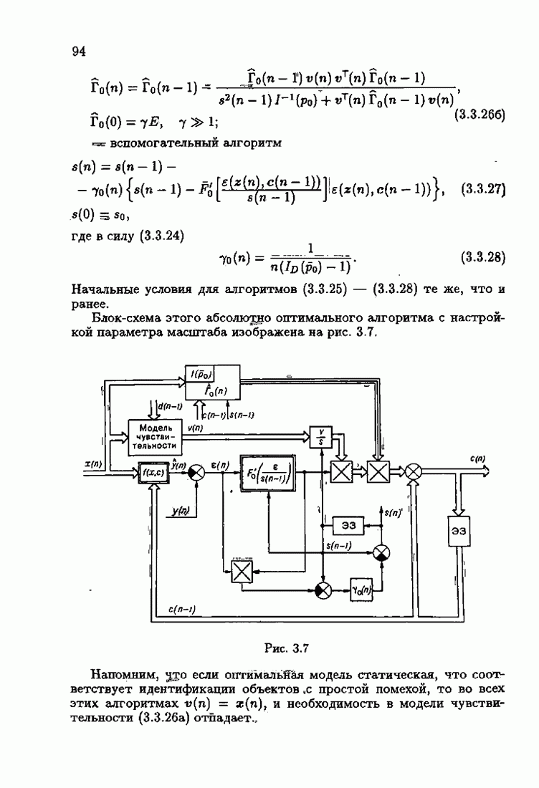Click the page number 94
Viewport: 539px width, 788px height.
[79, 52]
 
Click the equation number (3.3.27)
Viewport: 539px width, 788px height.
[482, 189]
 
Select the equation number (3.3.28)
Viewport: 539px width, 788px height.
[482, 257]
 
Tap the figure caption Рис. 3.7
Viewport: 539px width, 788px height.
[287, 648]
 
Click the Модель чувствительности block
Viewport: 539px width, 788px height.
[155, 437]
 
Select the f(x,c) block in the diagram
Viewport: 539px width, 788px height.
[154, 472]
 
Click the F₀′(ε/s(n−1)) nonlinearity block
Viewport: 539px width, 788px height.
[268, 473]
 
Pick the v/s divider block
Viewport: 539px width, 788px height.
[322, 436]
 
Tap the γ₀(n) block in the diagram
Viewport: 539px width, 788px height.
[361, 590]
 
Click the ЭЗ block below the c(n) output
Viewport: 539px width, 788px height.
[459, 531]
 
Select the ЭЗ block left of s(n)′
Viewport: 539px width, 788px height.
[348, 525]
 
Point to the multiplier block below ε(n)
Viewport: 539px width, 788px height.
[242, 572]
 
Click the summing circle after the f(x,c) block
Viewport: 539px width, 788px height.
[196, 472]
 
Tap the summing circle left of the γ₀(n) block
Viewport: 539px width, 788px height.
[323, 590]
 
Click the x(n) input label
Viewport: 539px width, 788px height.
[93, 465]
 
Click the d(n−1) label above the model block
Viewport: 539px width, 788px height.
[170, 406]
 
